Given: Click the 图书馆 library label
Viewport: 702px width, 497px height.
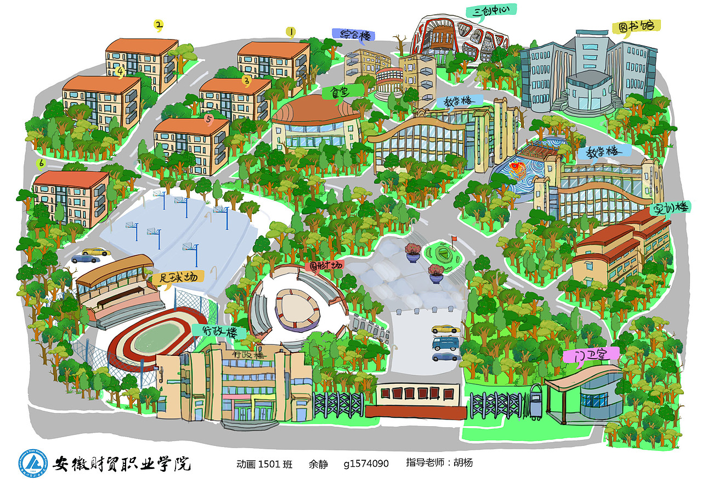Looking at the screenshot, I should click(x=636, y=27).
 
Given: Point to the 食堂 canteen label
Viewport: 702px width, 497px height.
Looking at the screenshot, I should click(x=335, y=93).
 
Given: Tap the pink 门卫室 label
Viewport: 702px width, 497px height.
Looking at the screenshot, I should click(x=591, y=355).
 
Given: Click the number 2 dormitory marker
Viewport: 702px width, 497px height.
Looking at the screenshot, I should click(x=158, y=25).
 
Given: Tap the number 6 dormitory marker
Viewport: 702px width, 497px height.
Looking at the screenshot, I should click(x=40, y=163).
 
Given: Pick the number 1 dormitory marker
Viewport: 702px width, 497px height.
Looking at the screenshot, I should click(x=291, y=32).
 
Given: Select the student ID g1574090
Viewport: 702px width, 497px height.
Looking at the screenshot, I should click(x=366, y=464).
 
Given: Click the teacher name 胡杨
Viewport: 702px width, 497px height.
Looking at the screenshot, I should click(x=463, y=463).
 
